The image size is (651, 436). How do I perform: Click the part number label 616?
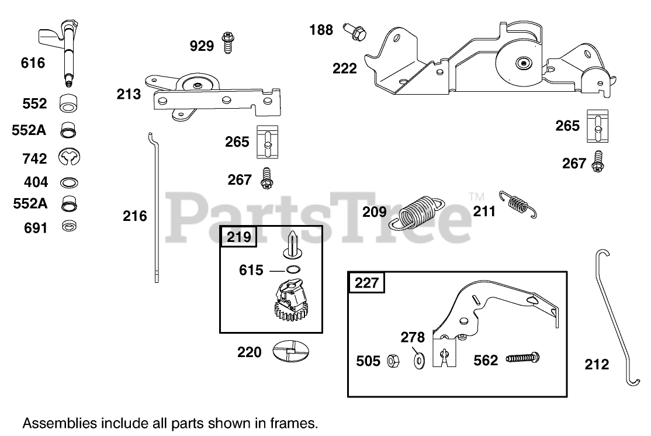[x=33, y=63]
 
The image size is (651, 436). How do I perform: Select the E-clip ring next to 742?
[x=70, y=157]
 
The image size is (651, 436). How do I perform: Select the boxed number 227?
[x=366, y=283]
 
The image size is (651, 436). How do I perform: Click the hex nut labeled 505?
[x=391, y=361]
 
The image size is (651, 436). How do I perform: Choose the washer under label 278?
[x=418, y=359]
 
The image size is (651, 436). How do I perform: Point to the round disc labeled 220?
[x=290, y=351]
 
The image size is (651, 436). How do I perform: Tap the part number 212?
[x=597, y=365]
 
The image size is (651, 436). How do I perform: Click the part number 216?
[x=134, y=216]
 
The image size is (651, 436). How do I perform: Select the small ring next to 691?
[x=69, y=227]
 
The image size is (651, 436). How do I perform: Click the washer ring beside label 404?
[x=69, y=182]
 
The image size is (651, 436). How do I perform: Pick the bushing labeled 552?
[x=69, y=103]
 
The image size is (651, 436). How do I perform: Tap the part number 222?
[x=344, y=68]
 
